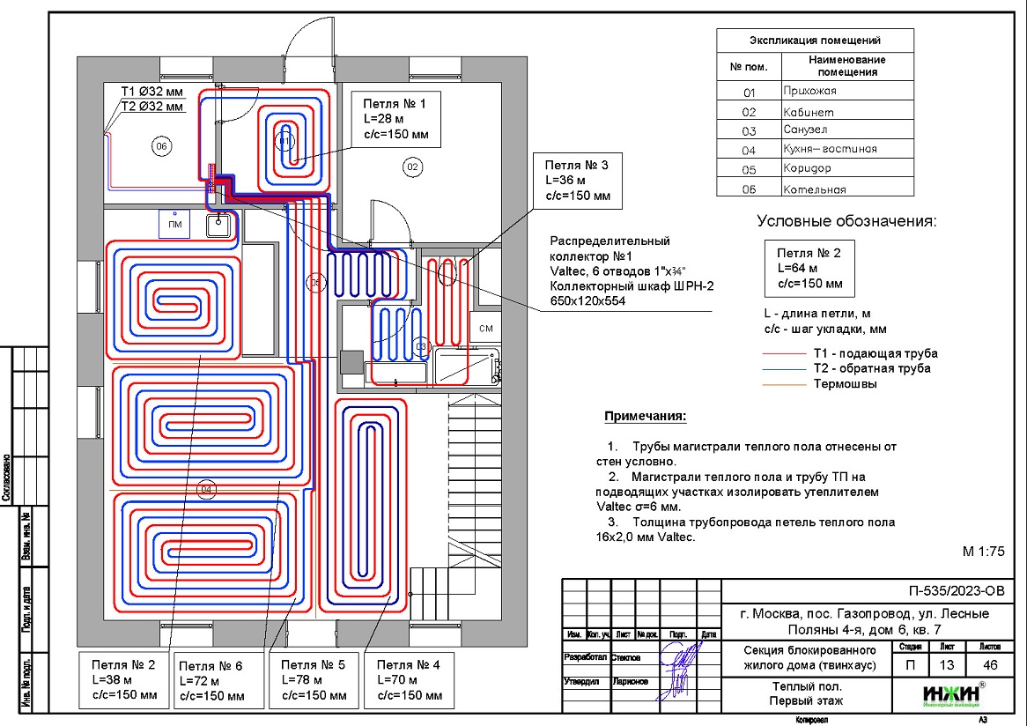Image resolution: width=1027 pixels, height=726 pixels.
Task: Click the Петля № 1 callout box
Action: pyautogui.click(x=395, y=118)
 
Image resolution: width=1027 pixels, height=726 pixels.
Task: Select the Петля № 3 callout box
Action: pyautogui.click(x=578, y=180)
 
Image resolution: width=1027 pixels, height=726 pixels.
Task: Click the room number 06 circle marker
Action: pyautogui.click(x=161, y=146)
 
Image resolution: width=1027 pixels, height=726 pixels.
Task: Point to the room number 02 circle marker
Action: pyautogui.click(x=411, y=165)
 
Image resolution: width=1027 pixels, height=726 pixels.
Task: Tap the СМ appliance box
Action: pyautogui.click(x=486, y=329)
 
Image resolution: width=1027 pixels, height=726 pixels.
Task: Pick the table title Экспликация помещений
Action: pyautogui.click(x=815, y=41)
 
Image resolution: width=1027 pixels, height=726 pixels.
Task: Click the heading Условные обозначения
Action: pyautogui.click(x=846, y=221)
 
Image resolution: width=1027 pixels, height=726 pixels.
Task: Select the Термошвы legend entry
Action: pyautogui.click(x=845, y=383)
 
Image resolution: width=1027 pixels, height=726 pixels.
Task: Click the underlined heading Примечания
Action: pyautogui.click(x=645, y=416)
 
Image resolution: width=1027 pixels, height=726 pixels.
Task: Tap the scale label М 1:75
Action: pyautogui.click(x=984, y=552)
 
